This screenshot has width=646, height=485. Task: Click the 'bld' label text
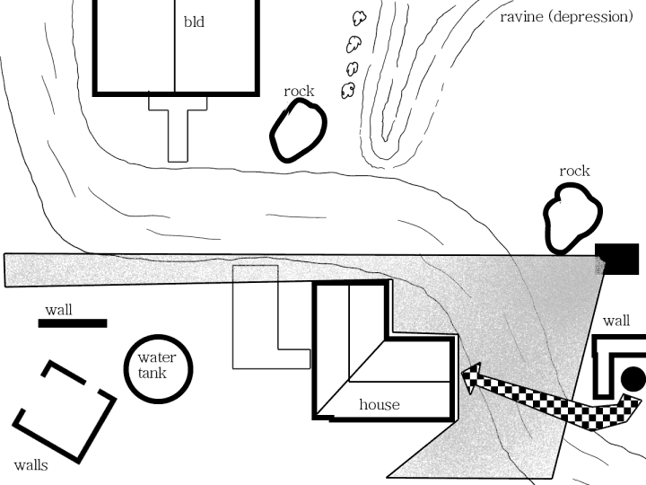pyautogui.click(x=194, y=22)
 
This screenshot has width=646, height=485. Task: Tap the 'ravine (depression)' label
pyautogui.click(x=566, y=16)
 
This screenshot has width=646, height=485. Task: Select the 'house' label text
pyautogui.click(x=379, y=404)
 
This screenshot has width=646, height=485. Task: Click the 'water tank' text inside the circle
pyautogui.click(x=157, y=366)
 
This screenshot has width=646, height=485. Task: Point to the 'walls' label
pyautogui.click(x=31, y=465)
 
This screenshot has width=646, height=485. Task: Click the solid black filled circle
pyautogui.click(x=633, y=379)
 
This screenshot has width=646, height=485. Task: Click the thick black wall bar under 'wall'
pyautogui.click(x=73, y=323)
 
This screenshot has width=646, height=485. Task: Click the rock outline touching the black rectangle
pyautogui.click(x=572, y=218)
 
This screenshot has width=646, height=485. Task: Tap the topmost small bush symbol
pyautogui.click(x=359, y=18)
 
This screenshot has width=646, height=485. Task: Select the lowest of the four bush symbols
pyautogui.click(x=347, y=89)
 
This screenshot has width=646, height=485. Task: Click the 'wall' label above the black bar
pyautogui.click(x=59, y=310)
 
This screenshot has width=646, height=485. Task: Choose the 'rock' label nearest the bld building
pyautogui.click(x=299, y=91)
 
